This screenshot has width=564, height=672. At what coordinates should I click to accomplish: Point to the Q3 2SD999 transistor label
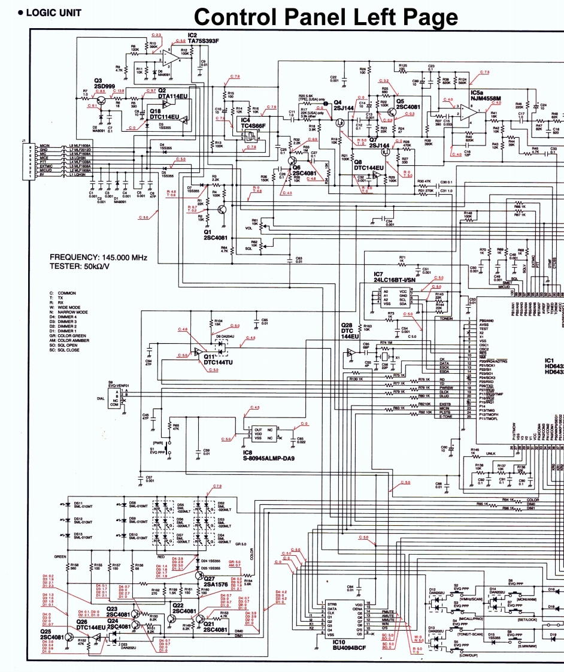coord(104,83)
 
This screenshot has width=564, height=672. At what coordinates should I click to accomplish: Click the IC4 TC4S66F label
coord(253,123)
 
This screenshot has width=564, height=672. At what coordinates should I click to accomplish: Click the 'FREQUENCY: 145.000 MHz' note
coord(98,257)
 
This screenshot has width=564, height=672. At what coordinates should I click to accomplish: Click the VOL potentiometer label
coord(249,228)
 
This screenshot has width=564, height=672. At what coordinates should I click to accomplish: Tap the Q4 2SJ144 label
coord(344,105)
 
